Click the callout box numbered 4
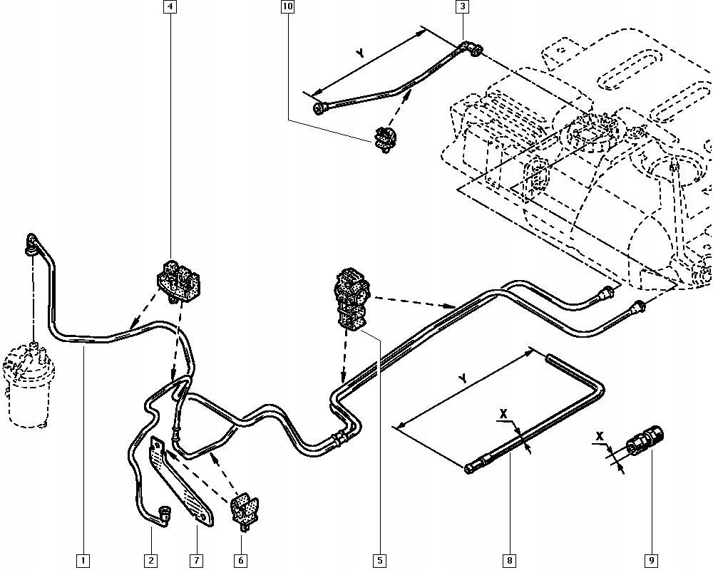(x=170, y=8)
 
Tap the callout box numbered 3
(x=462, y=8)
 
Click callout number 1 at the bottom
(x=83, y=561)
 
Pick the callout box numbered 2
(x=151, y=561)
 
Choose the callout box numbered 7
(x=196, y=561)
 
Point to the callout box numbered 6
(x=241, y=561)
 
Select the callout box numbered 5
(x=380, y=561)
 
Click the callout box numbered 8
(x=510, y=561)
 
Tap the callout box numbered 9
(x=651, y=561)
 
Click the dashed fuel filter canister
(x=29, y=385)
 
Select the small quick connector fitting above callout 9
(x=645, y=440)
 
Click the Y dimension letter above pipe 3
(x=361, y=53)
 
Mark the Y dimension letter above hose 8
(x=463, y=380)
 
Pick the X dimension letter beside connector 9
(x=600, y=435)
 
